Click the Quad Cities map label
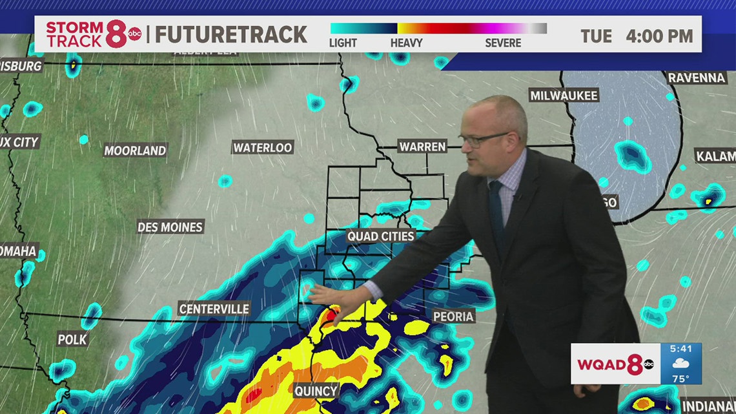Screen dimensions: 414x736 (380, 236)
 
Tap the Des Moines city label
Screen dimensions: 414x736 (170, 227)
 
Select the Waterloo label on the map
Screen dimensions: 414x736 (263, 148)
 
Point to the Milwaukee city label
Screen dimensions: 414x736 (564, 96)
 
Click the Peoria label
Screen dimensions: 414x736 (455, 316)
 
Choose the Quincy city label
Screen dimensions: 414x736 (316, 391)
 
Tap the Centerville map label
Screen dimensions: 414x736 (214, 309)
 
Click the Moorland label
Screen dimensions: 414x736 (135, 151)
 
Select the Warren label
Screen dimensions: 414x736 (422, 147)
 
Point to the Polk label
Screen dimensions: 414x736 (72, 339)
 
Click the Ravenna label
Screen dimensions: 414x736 (697, 78)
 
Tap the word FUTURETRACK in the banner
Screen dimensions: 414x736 (231, 35)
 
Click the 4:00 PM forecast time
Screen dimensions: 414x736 (659, 36)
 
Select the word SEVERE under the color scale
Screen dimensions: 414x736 (503, 43)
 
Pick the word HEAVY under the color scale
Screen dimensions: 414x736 (406, 43)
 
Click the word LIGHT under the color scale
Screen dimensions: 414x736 (343, 43)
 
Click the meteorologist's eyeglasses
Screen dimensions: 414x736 (484, 139)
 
